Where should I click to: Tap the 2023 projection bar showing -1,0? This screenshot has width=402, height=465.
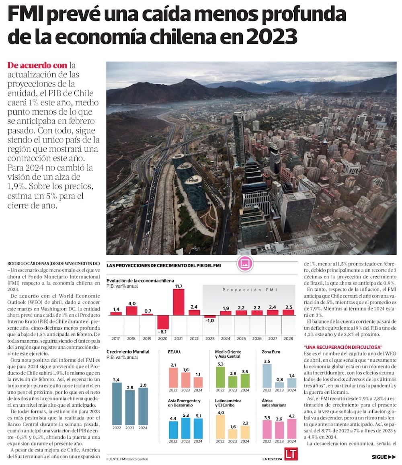210,317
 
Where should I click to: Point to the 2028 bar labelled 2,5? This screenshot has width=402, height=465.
288,312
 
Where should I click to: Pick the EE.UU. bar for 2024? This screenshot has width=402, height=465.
198,382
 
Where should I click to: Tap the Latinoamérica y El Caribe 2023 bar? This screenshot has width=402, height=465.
233,434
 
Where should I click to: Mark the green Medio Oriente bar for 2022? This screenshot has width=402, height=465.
220,377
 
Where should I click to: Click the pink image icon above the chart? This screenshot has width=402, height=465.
245,264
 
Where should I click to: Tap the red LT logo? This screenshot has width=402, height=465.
290,454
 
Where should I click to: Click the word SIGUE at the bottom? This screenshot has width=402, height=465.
379,457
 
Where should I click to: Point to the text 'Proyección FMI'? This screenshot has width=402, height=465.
250,290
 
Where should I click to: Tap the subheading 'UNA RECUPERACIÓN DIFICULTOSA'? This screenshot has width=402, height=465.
343,347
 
